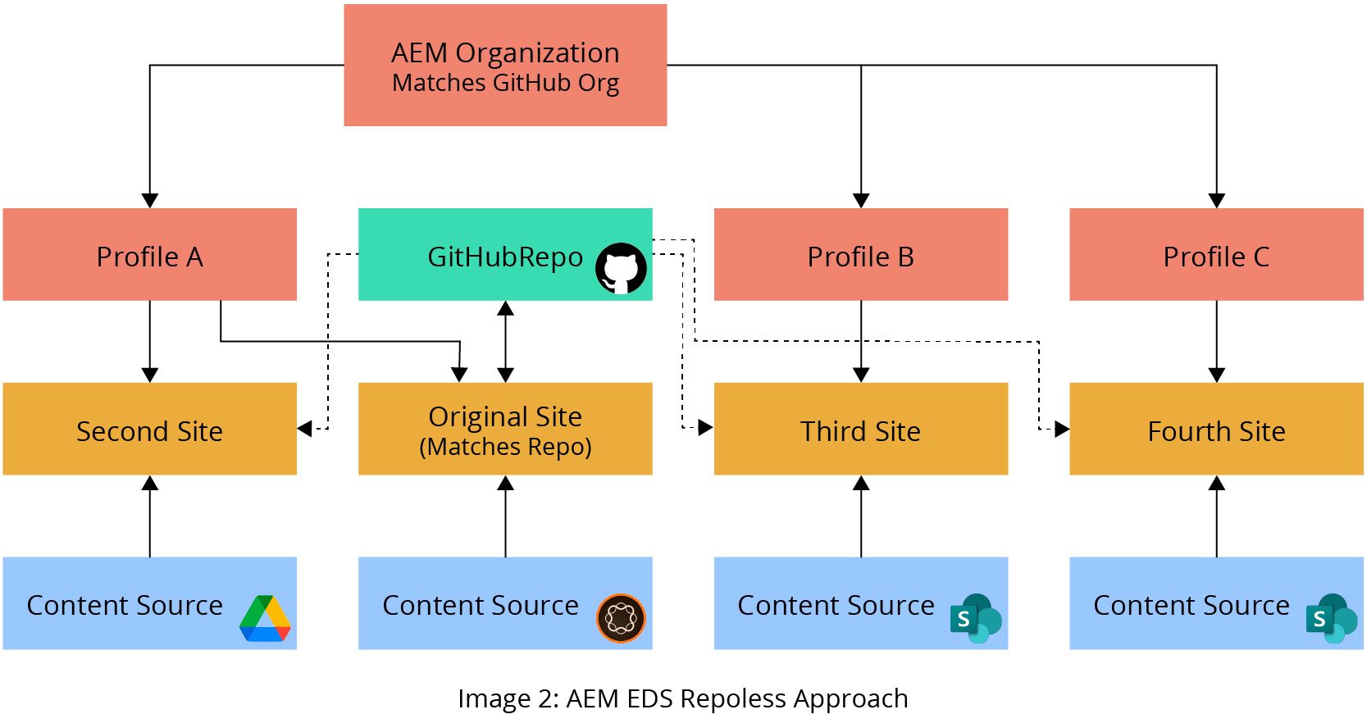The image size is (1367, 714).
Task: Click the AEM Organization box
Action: pyautogui.click(x=505, y=66)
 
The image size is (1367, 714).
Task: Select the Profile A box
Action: pyautogui.click(x=149, y=255)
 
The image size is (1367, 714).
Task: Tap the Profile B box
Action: pyautogui.click(x=860, y=255)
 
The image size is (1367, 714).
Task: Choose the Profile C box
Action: pyautogui.click(x=1216, y=255)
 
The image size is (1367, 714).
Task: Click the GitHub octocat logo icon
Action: pyautogui.click(x=621, y=268)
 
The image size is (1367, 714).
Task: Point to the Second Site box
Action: pyautogui.click(x=149, y=430)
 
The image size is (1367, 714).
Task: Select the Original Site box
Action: pyautogui.click(x=505, y=430)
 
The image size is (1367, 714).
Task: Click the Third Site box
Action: pyautogui.click(x=860, y=430)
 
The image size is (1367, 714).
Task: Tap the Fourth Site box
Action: pyautogui.click(x=1216, y=430)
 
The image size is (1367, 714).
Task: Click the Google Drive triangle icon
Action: pyautogui.click(x=266, y=619)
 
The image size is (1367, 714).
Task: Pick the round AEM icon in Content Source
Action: pyautogui.click(x=621, y=618)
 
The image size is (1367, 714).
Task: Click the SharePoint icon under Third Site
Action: pyautogui.click(x=976, y=618)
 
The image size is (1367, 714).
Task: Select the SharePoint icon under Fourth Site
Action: pyautogui.click(x=1332, y=618)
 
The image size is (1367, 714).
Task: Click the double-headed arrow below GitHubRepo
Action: pyautogui.click(x=505, y=342)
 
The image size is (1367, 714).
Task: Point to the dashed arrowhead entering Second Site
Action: pyautogui.click(x=305, y=429)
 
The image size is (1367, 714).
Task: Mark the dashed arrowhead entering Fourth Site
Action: pyautogui.click(x=1061, y=429)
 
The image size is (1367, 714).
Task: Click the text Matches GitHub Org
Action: pyautogui.click(x=505, y=84)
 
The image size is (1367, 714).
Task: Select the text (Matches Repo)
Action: pyautogui.click(x=505, y=448)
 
